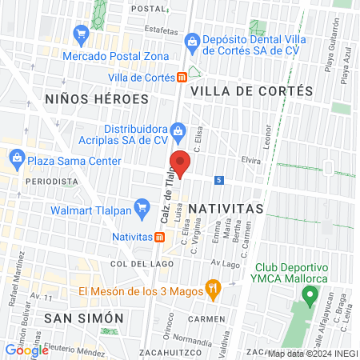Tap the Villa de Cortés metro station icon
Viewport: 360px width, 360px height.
pyautogui.click(x=182, y=78)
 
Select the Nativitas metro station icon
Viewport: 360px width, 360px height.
pyautogui.click(x=160, y=237)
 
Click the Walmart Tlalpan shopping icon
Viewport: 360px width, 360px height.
pyautogui.click(x=142, y=210)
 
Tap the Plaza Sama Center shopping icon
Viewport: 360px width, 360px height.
pyautogui.click(x=18, y=160)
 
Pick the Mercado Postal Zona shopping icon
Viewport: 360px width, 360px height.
pyautogui.click(x=80, y=34)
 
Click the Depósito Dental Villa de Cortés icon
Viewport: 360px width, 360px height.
pyautogui.click(x=192, y=40)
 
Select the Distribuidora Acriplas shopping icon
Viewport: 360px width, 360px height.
pyautogui.click(x=178, y=130)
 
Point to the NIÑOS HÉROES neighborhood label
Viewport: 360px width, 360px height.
pyautogui.click(x=98, y=99)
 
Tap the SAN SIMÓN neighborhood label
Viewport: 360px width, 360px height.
pyautogui.click(x=84, y=318)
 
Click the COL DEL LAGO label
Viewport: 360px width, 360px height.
pyautogui.click(x=141, y=263)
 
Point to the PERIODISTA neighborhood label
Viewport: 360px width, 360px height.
pyautogui.click(x=52, y=182)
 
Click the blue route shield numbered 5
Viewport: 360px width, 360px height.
pyautogui.click(x=218, y=180)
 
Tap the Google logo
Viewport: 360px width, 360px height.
pyautogui.click(x=26, y=350)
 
